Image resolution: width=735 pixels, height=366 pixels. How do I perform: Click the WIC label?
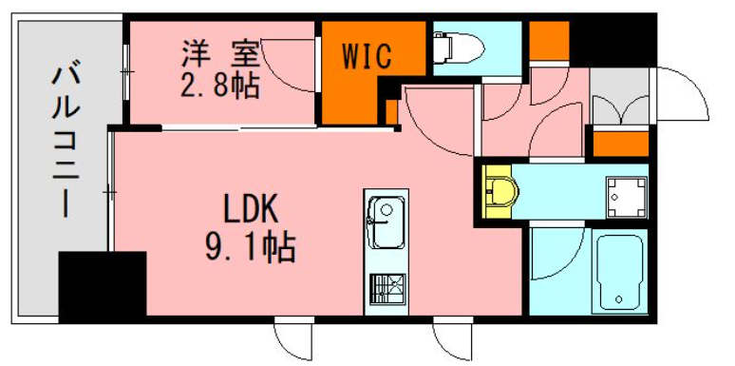click(x=367, y=57)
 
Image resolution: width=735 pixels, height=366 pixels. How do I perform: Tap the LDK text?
click(x=251, y=208)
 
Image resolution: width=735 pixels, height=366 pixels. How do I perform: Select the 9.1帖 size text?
click(x=251, y=248)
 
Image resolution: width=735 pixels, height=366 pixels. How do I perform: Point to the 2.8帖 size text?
click(x=220, y=85)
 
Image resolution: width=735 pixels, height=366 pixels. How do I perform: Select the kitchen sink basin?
click(x=386, y=222)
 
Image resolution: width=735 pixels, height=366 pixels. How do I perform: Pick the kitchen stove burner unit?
click(x=387, y=289)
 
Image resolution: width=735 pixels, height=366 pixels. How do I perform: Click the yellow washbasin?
click(x=500, y=192)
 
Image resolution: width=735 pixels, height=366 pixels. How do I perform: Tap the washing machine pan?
click(x=626, y=197)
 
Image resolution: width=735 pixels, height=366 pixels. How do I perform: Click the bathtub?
click(x=619, y=271)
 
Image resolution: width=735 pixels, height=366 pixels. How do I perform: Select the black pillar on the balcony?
click(x=103, y=287)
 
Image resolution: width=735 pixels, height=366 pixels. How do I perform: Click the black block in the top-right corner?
click(x=612, y=41)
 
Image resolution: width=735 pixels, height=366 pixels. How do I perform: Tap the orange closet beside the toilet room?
click(x=549, y=41)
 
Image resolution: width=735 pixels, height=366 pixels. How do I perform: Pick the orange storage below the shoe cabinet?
click(x=621, y=144)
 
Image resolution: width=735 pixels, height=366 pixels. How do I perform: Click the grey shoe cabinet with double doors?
click(x=620, y=97)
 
